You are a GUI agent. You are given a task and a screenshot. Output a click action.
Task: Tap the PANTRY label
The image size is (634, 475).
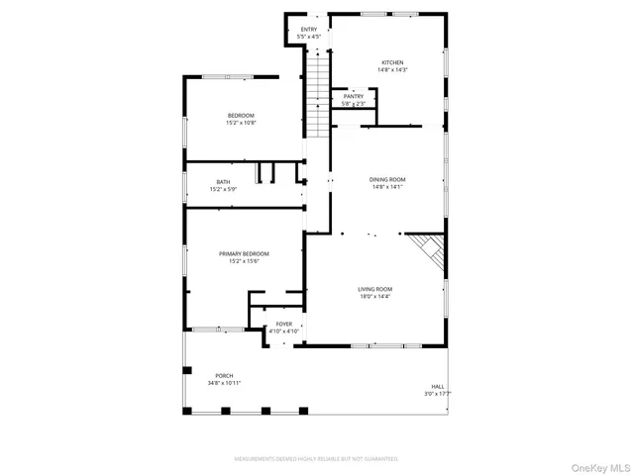point(354,97)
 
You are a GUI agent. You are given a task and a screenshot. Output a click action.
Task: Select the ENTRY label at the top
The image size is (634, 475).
point(309,31)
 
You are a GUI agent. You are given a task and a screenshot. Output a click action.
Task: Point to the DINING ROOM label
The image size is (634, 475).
point(388,179)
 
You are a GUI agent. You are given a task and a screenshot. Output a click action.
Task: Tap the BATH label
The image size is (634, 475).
point(223,181)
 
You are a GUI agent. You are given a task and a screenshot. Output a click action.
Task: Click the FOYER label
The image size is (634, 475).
point(283,324)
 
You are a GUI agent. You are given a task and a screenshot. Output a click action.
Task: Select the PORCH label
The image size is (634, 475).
point(223,376)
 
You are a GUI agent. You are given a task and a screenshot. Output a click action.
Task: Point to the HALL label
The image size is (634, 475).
point(437,386)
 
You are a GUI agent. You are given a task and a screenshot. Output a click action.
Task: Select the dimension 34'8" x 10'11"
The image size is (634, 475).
point(224,383)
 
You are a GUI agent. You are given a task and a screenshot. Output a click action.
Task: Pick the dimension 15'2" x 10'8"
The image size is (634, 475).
point(241,123)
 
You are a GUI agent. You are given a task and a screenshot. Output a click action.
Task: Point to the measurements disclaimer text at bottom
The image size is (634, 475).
point(316,459)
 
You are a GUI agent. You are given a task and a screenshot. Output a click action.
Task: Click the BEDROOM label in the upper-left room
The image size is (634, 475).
point(241,116)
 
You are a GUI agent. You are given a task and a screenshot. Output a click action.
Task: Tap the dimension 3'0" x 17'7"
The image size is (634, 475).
point(437,393)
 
